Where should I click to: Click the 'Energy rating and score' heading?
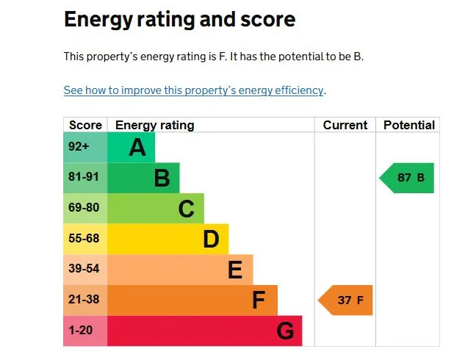(179, 19)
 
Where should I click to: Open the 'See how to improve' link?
(193, 90)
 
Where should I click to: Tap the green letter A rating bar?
(132, 148)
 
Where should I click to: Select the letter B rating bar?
(144, 179)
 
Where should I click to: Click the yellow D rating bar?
(168, 240)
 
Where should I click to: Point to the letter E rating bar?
(180, 270)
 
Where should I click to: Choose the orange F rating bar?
(192, 300)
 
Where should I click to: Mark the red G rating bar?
(205, 331)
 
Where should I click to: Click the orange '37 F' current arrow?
(346, 300)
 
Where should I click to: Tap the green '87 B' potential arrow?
(408, 178)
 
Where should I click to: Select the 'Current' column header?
(345, 125)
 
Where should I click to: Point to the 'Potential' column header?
(409, 125)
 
